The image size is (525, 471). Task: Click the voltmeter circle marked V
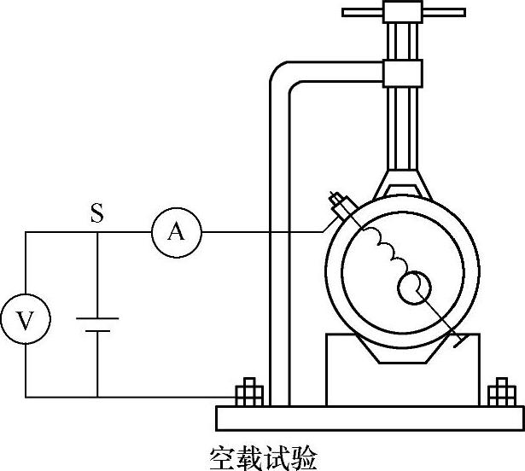coord(26,321)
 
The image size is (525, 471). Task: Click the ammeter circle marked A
coord(177,231)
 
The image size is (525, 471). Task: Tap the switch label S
coord(97,213)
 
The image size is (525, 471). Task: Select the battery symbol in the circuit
coord(97,325)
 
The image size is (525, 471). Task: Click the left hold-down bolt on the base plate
coord(249,395)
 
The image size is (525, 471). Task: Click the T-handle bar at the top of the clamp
coord(404,13)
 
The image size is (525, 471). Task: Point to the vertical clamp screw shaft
coord(404,128)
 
